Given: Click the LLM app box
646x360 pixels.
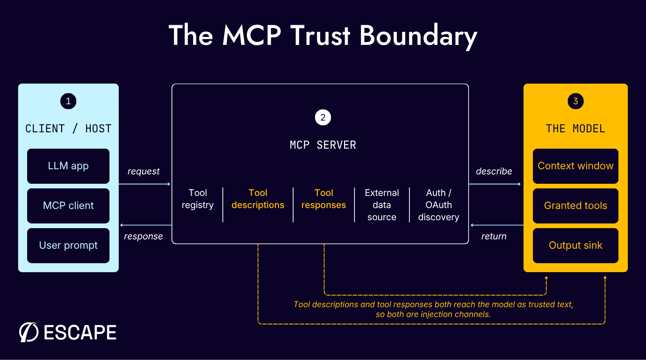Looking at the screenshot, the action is click(68, 166).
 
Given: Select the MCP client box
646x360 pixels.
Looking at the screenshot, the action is click(68, 206).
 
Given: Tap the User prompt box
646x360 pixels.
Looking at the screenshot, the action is click(68, 245).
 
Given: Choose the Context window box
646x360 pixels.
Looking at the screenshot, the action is click(575, 166).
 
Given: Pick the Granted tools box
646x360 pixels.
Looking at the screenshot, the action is click(575, 206).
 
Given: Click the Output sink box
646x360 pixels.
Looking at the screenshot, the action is click(575, 245).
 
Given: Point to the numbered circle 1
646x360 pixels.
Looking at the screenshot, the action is click(68, 101).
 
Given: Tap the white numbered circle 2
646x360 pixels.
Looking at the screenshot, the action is click(323, 117).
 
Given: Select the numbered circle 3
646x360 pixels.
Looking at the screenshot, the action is click(575, 101).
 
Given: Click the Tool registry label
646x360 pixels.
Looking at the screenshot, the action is click(198, 199).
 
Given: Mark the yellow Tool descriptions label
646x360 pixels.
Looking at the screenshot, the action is click(258, 199).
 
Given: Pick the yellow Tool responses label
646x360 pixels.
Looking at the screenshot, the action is click(323, 199).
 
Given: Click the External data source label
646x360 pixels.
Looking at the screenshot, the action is click(382, 205).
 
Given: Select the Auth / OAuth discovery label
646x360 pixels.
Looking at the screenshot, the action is click(438, 205).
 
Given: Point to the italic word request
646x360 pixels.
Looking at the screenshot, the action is click(144, 172).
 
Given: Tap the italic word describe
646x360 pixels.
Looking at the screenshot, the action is click(494, 171).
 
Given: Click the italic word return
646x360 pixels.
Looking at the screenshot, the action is click(494, 236).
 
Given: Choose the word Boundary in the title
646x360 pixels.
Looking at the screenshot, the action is click(418, 36).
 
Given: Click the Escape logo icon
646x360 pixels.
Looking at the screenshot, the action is click(29, 332).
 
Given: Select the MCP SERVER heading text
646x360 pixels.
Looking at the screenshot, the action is click(323, 145).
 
